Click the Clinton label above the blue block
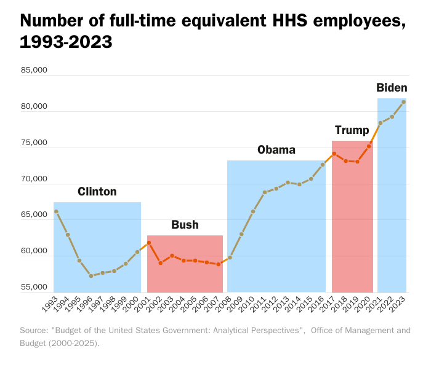click(97, 192)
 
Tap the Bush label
click(185, 225)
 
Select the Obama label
click(276, 150)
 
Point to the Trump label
click(352, 130)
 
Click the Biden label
click(392, 88)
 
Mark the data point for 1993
click(56, 211)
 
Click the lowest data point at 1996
click(91, 276)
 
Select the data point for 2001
click(149, 243)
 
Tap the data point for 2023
click(404, 102)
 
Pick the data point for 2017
click(334, 154)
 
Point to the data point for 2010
click(253, 211)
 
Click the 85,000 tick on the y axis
click(34, 70)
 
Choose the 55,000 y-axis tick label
click(34, 287)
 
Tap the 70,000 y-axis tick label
click(34, 179)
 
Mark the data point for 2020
click(369, 146)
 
